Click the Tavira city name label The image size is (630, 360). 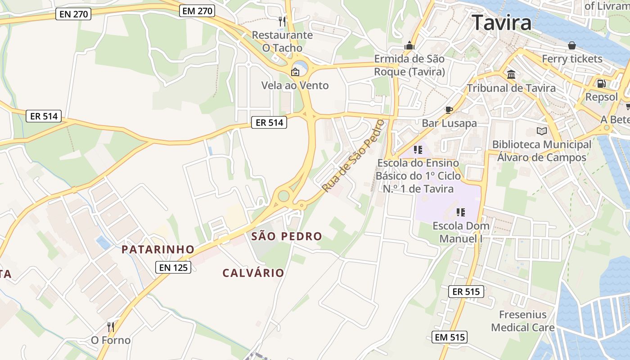pyautogui.click(x=502, y=22)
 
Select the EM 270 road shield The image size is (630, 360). pyautogui.click(x=197, y=11)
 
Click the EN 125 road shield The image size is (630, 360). pyautogui.click(x=174, y=267)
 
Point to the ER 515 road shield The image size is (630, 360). pyautogui.click(x=466, y=292)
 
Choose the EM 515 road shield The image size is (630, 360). pyautogui.click(x=450, y=337)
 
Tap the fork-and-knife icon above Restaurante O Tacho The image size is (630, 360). pyautogui.click(x=282, y=21)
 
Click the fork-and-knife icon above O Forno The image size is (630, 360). pyautogui.click(x=110, y=327)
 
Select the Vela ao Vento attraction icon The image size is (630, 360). pyautogui.click(x=295, y=72)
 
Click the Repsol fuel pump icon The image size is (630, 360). pyautogui.click(x=601, y=83)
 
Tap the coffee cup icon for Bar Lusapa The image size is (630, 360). pyautogui.click(x=449, y=109)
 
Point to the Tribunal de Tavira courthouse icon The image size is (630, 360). pyautogui.click(x=511, y=74)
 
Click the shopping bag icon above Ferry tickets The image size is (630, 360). pyautogui.click(x=571, y=45)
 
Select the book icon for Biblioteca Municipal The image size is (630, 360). pyautogui.click(x=541, y=131)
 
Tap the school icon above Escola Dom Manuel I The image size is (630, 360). pyautogui.click(x=460, y=212)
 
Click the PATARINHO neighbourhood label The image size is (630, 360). pyautogui.click(x=158, y=249)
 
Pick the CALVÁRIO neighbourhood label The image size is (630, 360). pyautogui.click(x=253, y=273)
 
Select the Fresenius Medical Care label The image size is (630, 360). pyautogui.click(x=522, y=321)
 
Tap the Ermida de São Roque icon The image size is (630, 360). pyautogui.click(x=409, y=45)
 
